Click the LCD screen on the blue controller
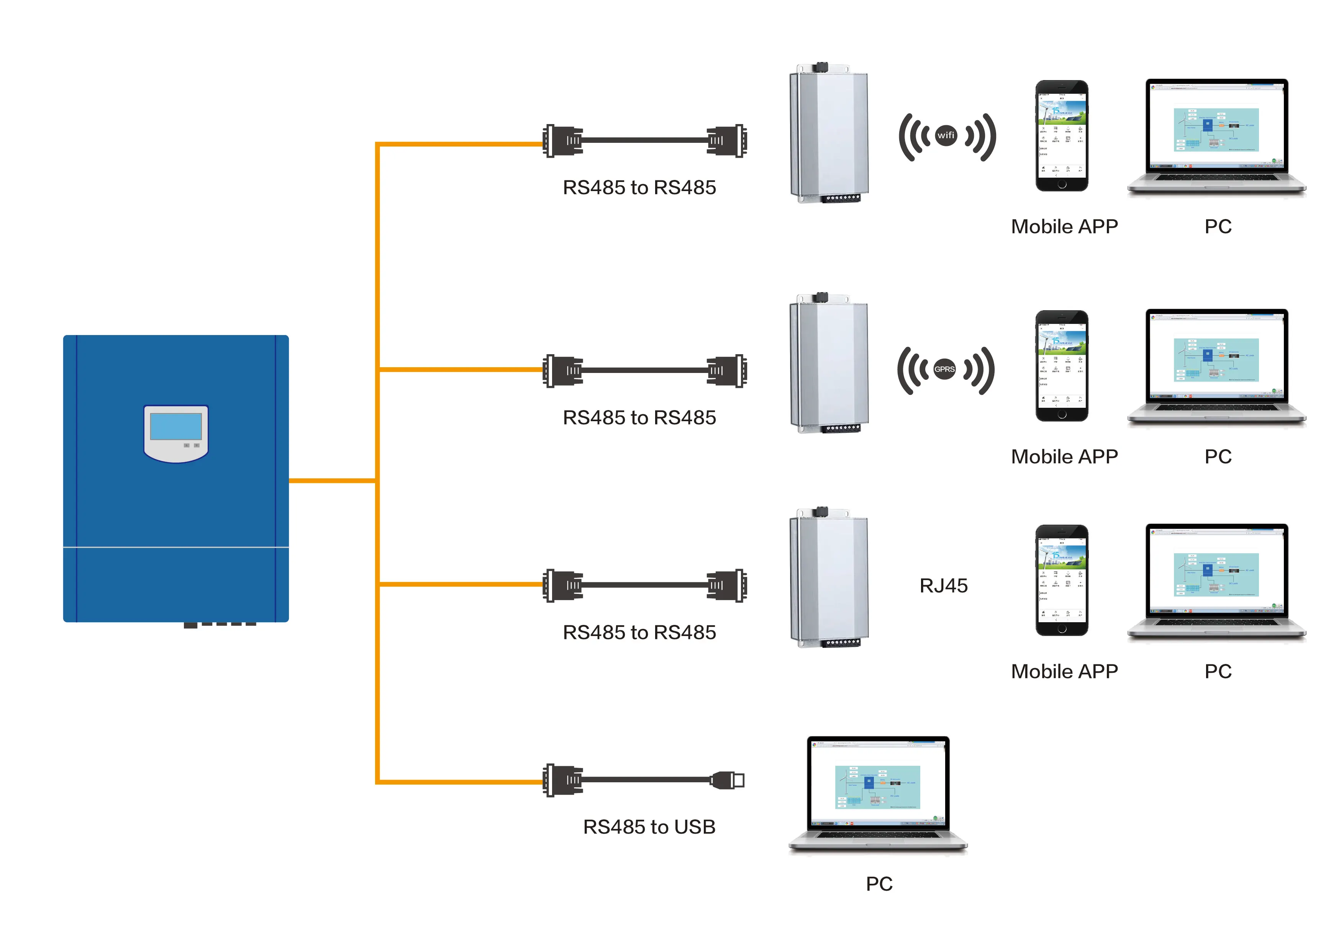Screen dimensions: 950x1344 pyautogui.click(x=175, y=427)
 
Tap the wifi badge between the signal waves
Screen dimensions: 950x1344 pyautogui.click(x=946, y=136)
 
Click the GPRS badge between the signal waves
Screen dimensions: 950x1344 pyautogui.click(x=944, y=369)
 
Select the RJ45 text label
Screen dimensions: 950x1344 pyautogui.click(x=943, y=585)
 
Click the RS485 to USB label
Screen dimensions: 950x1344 pyautogui.click(x=649, y=827)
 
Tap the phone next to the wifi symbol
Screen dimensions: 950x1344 pyautogui.click(x=1061, y=136)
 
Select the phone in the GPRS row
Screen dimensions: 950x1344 pyautogui.click(x=1061, y=366)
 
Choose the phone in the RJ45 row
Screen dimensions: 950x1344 pyautogui.click(x=1061, y=580)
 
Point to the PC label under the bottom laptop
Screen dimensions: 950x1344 pyautogui.click(x=879, y=883)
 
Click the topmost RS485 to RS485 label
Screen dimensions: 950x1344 pyautogui.click(x=639, y=187)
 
